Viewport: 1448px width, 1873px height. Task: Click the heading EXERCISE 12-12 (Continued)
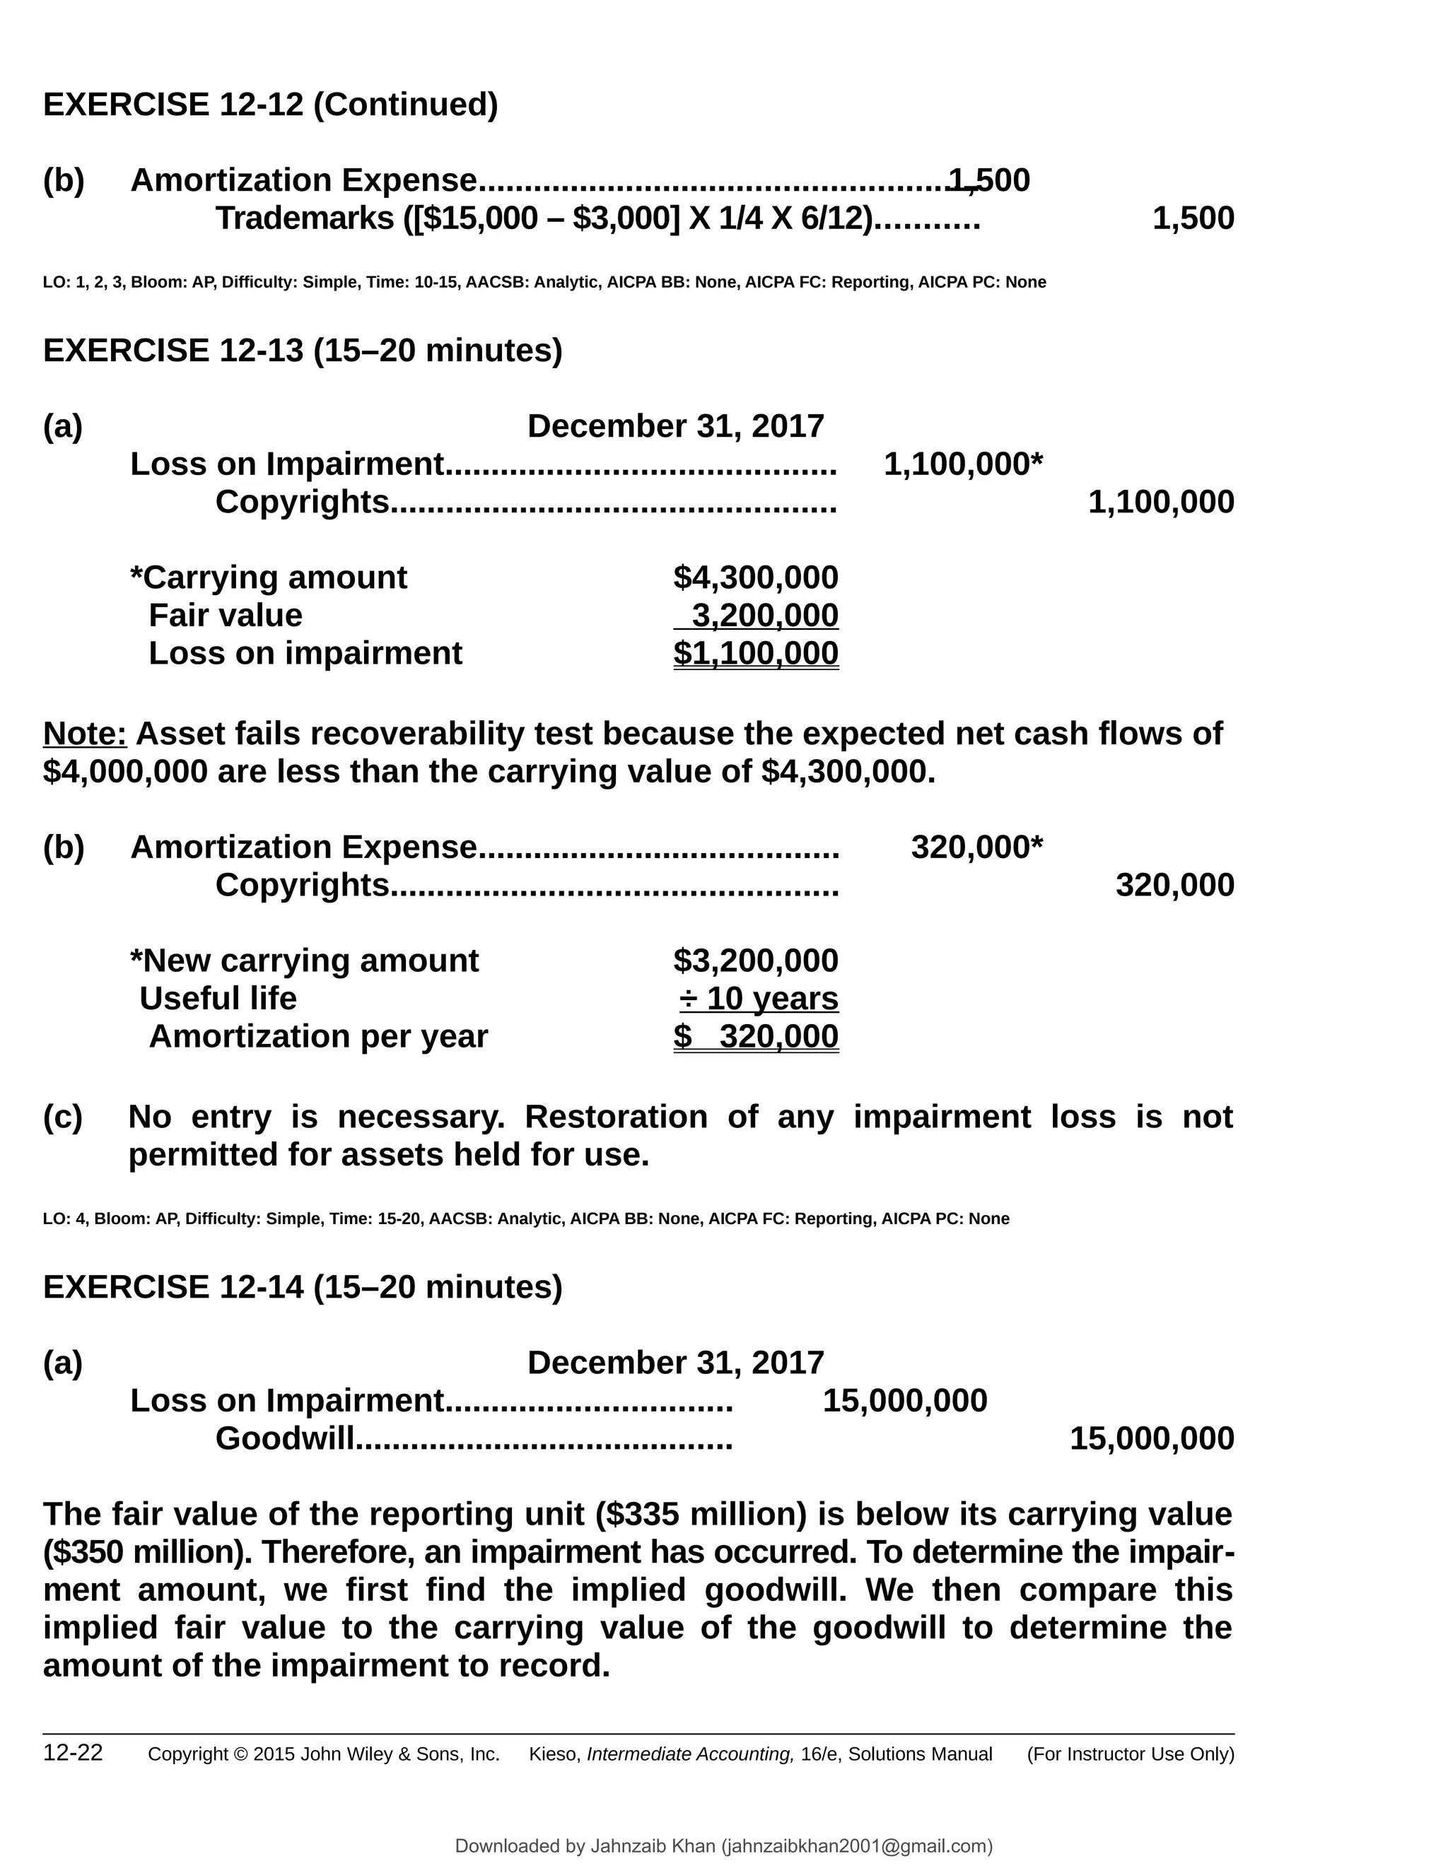click(270, 105)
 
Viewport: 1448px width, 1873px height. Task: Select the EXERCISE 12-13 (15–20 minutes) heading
click(302, 351)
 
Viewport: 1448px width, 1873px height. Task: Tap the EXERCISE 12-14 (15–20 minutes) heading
click(302, 1287)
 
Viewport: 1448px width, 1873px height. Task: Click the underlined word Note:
click(85, 734)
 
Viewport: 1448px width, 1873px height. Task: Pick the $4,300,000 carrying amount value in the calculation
click(755, 578)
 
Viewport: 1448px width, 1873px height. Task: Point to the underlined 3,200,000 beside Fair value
click(764, 616)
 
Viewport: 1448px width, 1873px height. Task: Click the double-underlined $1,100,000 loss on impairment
click(755, 654)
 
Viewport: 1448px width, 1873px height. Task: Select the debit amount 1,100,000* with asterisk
click(962, 465)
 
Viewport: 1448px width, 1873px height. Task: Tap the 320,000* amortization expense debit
click(976, 847)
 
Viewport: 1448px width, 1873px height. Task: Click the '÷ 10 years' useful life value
click(759, 999)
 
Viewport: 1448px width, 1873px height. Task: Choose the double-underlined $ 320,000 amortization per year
click(755, 1037)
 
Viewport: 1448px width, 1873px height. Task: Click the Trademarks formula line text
click(543, 218)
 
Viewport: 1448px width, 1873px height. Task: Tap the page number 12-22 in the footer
click(73, 1753)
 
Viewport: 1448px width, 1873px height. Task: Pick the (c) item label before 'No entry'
click(63, 1117)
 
